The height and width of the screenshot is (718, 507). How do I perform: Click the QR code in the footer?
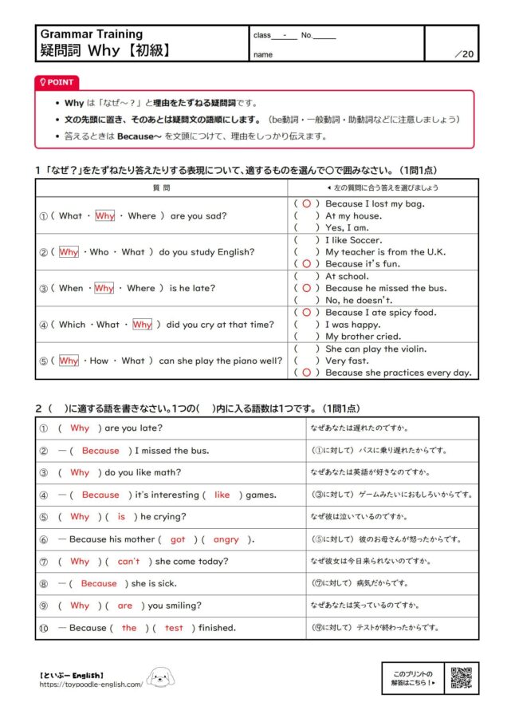[462, 677]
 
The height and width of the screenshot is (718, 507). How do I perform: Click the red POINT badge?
[57, 82]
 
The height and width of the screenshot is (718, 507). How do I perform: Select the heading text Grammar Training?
[92, 34]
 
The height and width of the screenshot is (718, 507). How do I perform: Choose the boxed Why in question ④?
[142, 325]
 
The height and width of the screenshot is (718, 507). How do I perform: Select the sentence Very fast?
[348, 361]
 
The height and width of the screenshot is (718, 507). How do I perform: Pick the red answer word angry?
[226, 539]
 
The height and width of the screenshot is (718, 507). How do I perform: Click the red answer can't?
[128, 562]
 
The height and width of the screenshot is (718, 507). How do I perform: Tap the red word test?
[174, 628]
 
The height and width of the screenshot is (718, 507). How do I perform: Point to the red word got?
[178, 539]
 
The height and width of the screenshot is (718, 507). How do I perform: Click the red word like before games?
[222, 495]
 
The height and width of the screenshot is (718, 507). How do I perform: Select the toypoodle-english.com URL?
[91, 684]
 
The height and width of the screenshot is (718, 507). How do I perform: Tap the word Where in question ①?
[142, 215]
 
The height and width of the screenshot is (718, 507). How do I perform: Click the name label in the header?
[262, 54]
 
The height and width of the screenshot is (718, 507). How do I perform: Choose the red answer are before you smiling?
[124, 606]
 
